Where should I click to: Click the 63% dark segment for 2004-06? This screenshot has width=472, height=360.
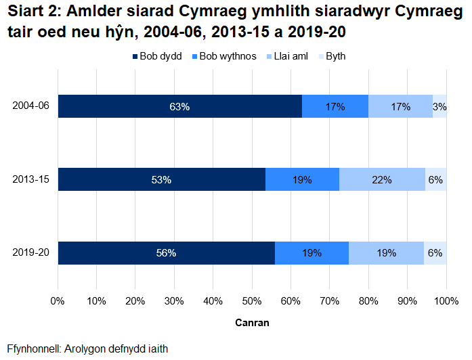point(179,107)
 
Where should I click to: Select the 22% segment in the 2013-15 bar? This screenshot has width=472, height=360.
point(382,179)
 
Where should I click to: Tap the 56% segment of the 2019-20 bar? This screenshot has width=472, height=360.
point(166,253)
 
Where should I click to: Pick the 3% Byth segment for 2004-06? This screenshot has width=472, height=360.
point(439,107)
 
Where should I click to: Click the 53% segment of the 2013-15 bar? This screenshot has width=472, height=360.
point(161,179)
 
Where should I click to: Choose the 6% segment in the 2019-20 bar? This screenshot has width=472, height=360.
point(435,253)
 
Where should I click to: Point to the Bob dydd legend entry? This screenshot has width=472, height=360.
point(156,56)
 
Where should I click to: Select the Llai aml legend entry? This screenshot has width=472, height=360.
point(287,56)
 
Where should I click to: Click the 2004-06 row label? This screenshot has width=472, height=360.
point(31,107)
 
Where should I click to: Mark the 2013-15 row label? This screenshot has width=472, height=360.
point(31,179)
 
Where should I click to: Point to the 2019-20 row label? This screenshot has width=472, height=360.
point(31,253)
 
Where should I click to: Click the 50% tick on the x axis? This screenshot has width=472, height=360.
point(252,300)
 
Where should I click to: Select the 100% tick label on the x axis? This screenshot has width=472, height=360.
point(446,300)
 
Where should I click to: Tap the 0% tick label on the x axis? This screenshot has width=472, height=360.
point(58,300)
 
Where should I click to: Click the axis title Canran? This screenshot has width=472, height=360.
point(252,323)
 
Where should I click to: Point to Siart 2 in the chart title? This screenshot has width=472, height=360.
point(33,14)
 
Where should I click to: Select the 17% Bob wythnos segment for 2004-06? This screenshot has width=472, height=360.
point(335,107)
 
